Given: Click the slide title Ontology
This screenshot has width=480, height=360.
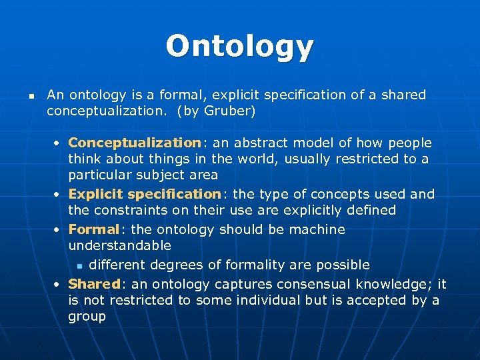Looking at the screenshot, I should coord(239,47).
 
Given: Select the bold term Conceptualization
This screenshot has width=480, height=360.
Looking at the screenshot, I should coord(133,143).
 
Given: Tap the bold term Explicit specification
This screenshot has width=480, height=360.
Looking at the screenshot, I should coord(144,194).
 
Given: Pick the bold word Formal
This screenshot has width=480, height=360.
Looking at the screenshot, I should coord(93,229).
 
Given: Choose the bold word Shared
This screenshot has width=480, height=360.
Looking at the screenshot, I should coord(94,284).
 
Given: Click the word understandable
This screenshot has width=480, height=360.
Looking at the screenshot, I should coord(119,245).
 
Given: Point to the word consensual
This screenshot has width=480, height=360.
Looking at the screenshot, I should coord(313,284).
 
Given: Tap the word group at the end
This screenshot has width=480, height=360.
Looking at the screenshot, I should coord(87,316).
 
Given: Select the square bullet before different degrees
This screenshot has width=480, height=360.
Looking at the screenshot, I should coord(79,265).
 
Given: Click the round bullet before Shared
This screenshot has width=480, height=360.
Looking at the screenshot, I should coord(59,285).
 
